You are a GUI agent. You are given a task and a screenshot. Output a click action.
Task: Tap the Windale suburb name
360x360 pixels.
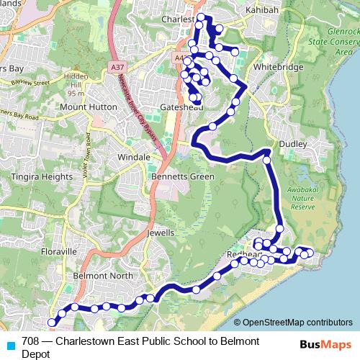point(135,156)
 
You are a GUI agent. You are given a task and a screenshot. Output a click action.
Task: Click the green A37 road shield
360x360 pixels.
point(117,67)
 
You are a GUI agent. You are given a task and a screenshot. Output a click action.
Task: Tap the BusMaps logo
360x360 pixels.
point(322,344)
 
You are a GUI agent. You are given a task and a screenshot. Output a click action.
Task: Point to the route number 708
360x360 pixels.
point(31,341)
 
